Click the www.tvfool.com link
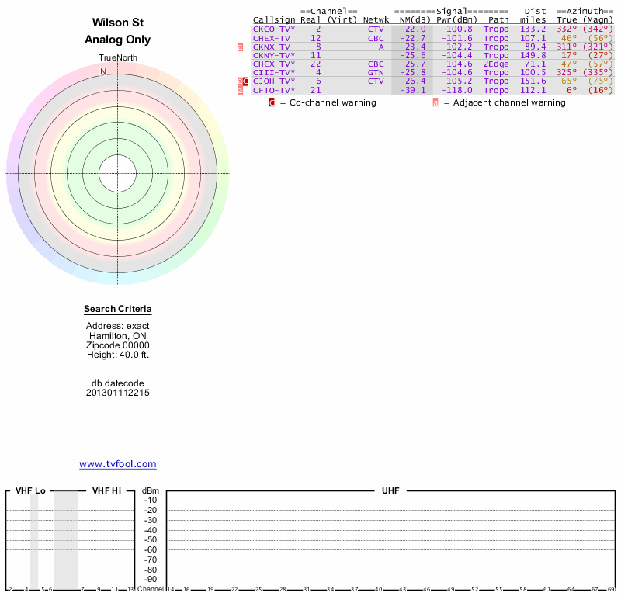coord(118,464)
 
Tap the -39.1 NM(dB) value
coord(413,90)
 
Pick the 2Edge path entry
coord(496,64)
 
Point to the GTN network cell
coord(376,72)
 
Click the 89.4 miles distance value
coord(535,47)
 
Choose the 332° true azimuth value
coord(567,29)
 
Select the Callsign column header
coord(274,20)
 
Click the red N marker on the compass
coord(103,71)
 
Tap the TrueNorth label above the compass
coord(118,58)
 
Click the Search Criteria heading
coord(118,309)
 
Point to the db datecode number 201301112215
coord(118,393)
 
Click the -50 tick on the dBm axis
coord(151,540)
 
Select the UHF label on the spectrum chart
coord(390,490)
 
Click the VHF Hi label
coord(106,490)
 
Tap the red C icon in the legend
coord(272,102)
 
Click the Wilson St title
coord(118,23)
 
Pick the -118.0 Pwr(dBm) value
coord(457,90)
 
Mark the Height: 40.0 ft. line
coord(118,355)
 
